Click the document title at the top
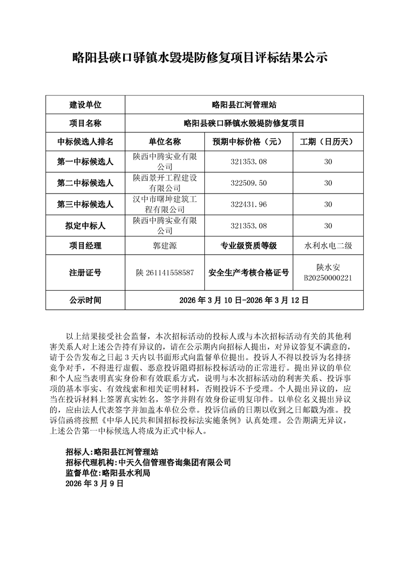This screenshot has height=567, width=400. point(200,58)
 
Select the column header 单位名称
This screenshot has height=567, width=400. point(164,141)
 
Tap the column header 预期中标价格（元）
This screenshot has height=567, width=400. point(248,141)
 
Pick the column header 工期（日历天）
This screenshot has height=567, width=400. point(328,141)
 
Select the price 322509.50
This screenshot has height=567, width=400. point(248,183)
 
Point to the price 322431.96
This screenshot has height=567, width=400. point(248,204)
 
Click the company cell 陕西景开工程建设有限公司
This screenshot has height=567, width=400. point(164,183)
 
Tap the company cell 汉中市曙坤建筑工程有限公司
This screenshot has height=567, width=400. point(164,204)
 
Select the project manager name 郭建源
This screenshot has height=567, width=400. point(164,246)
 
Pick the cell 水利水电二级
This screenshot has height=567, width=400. point(328,246)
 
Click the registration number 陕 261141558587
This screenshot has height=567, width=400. point(164,273)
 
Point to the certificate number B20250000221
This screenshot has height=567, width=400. point(328,278)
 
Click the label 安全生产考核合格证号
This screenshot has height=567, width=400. point(248,273)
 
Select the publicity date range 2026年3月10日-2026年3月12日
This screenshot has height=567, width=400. point(244,300)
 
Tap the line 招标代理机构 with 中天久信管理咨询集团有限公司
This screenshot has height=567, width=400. point(148,462)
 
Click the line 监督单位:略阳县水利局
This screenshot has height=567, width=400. point(108,473)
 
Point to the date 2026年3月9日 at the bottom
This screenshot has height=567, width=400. point(94,484)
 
